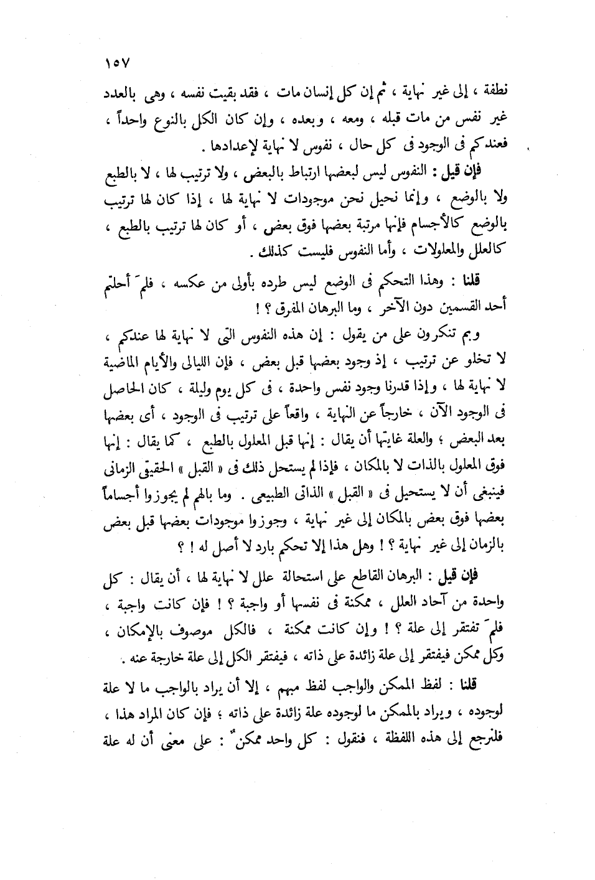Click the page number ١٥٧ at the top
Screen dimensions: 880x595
[x=116, y=63]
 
